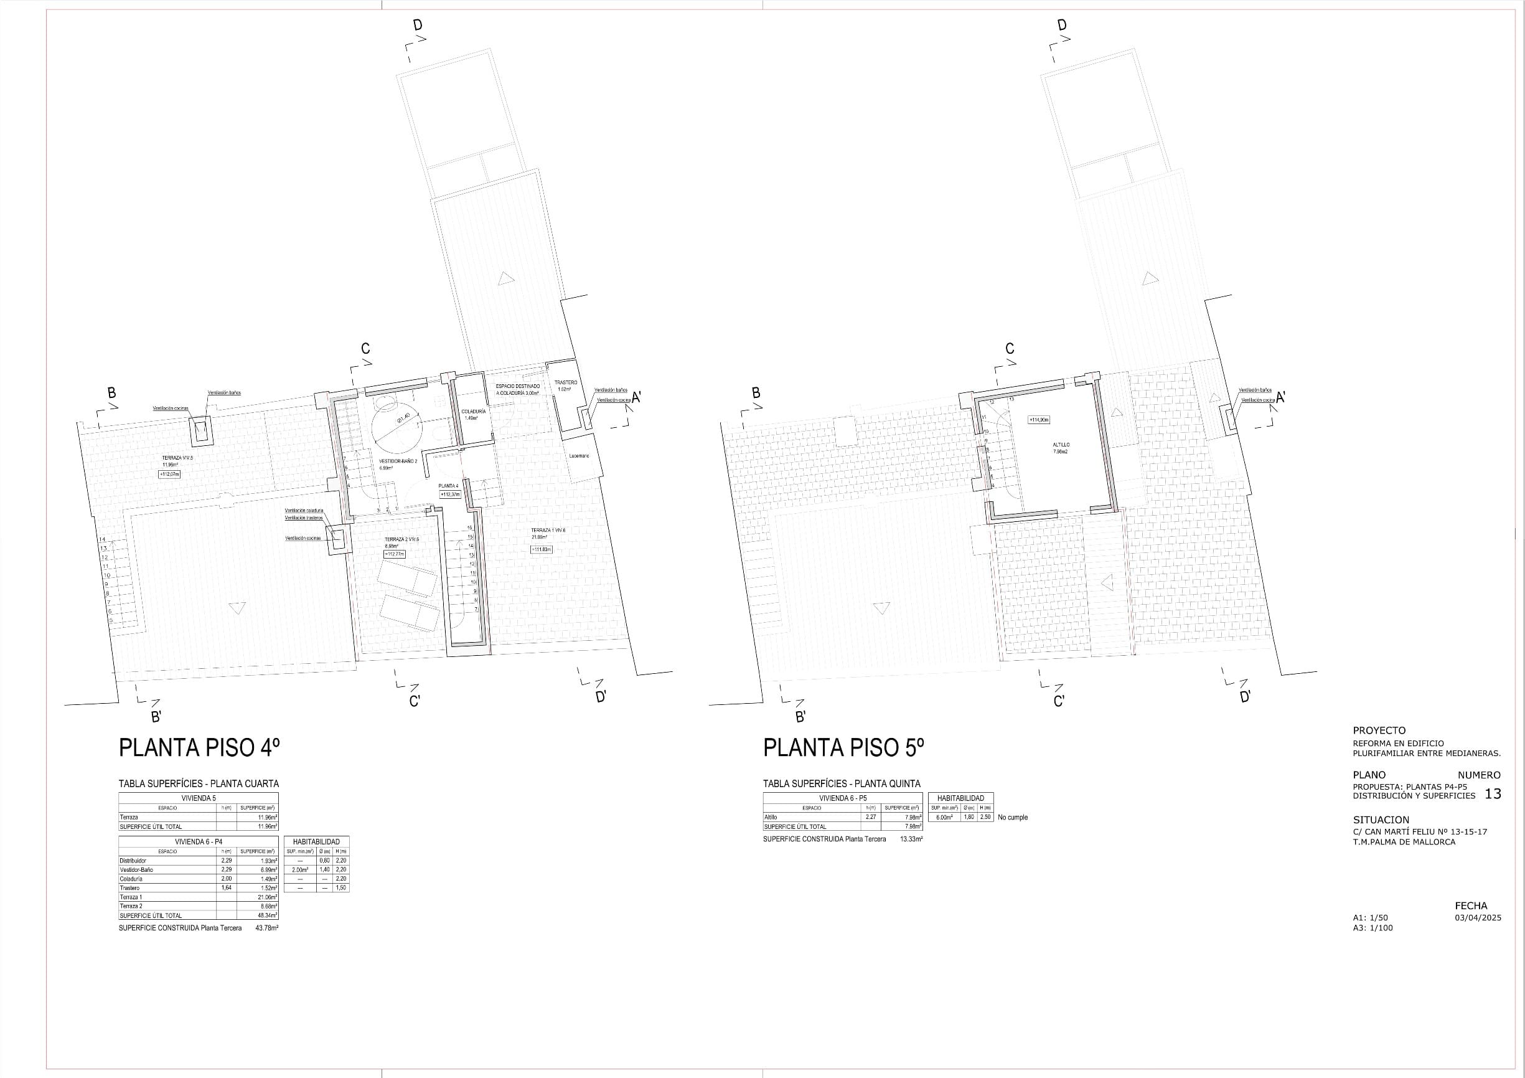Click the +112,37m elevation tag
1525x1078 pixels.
tap(449, 494)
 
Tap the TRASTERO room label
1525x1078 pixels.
tap(566, 383)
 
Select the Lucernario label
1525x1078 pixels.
tap(578, 456)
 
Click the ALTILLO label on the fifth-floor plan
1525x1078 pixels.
tap(1061, 445)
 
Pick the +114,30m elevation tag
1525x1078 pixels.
tap(1039, 420)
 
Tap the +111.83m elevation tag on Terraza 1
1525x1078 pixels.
tap(542, 549)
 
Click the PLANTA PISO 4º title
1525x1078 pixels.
tap(199, 748)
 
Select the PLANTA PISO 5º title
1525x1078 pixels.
tap(843, 748)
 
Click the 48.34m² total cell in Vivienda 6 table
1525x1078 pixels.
tap(268, 915)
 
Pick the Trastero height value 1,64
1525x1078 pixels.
tap(227, 888)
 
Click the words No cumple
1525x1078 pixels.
tap(1012, 818)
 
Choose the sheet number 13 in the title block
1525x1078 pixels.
tap(1493, 794)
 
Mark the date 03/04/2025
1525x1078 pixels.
tap(1478, 918)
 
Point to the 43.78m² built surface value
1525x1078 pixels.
tap(266, 928)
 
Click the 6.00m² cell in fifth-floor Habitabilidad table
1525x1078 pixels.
tap(944, 818)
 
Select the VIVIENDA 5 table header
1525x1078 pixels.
tap(199, 798)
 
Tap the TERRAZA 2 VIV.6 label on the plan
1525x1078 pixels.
tap(401, 540)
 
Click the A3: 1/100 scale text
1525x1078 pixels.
tap(1373, 928)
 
